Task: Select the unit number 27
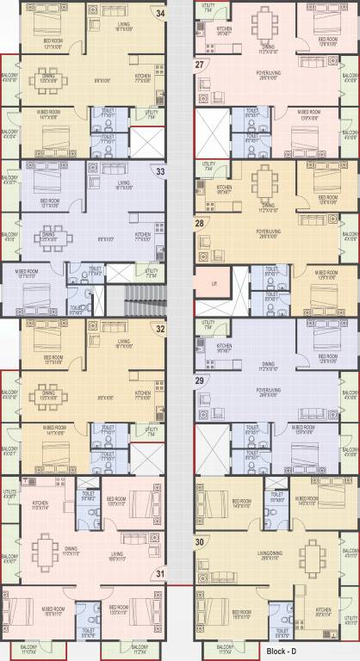click(x=200, y=65)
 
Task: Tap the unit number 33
click(x=159, y=170)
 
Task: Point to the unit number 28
click(x=200, y=223)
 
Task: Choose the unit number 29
click(x=200, y=380)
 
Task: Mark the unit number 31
click(x=159, y=573)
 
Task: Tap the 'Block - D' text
click(x=282, y=652)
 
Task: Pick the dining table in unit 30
click(x=326, y=551)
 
